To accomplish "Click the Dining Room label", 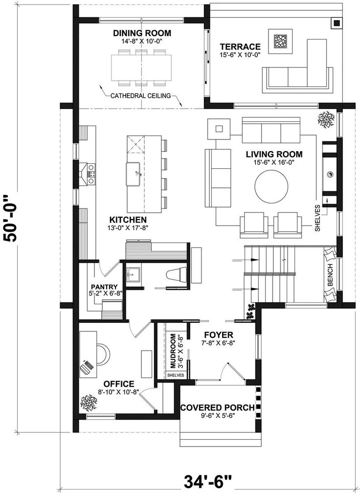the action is [142, 33].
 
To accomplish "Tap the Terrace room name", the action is [240, 47].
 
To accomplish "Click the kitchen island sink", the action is [133, 174].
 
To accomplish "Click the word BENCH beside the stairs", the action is [330, 275].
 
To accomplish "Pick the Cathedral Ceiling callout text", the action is [140, 96].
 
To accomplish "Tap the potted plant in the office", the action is [89, 403].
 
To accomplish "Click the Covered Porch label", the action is [217, 408].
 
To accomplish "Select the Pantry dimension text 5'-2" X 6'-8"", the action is [104, 293].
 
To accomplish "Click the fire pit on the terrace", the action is [280, 41].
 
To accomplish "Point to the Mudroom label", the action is [173, 351].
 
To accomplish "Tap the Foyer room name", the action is [219, 335].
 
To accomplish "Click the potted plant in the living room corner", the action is [326, 119].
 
